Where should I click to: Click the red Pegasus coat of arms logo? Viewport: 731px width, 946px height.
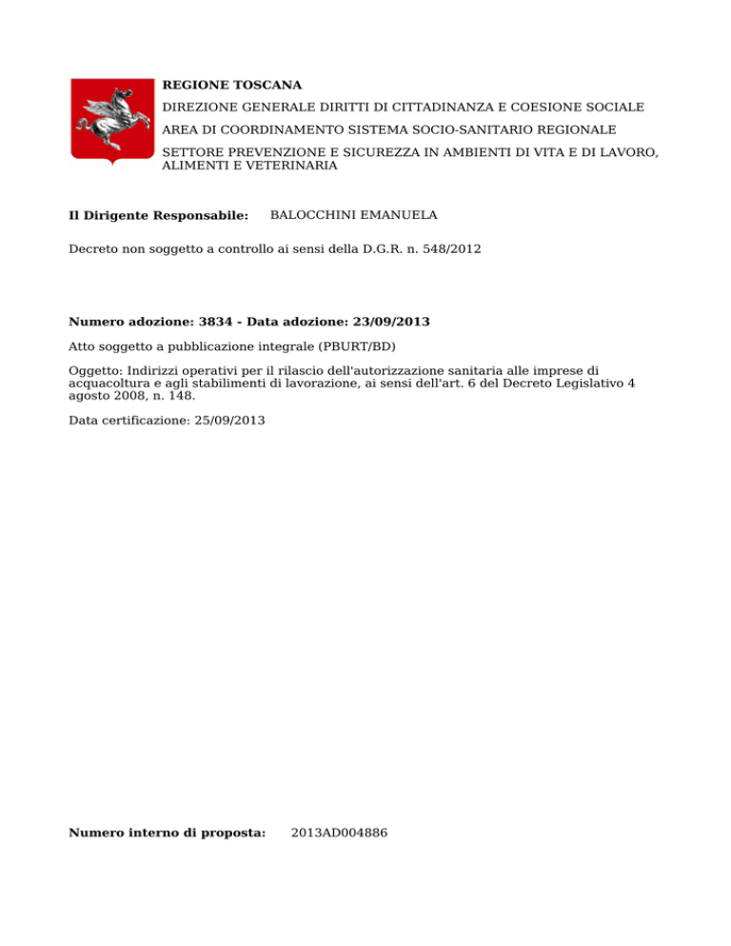coord(112,121)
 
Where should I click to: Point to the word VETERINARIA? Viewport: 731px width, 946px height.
coord(292,165)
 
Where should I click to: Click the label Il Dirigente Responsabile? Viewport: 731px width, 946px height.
coord(159,216)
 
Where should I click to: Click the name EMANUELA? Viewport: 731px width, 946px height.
coord(401,216)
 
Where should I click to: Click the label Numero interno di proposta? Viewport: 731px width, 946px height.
coord(167,833)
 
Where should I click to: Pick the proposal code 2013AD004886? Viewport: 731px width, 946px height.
coord(340,833)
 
